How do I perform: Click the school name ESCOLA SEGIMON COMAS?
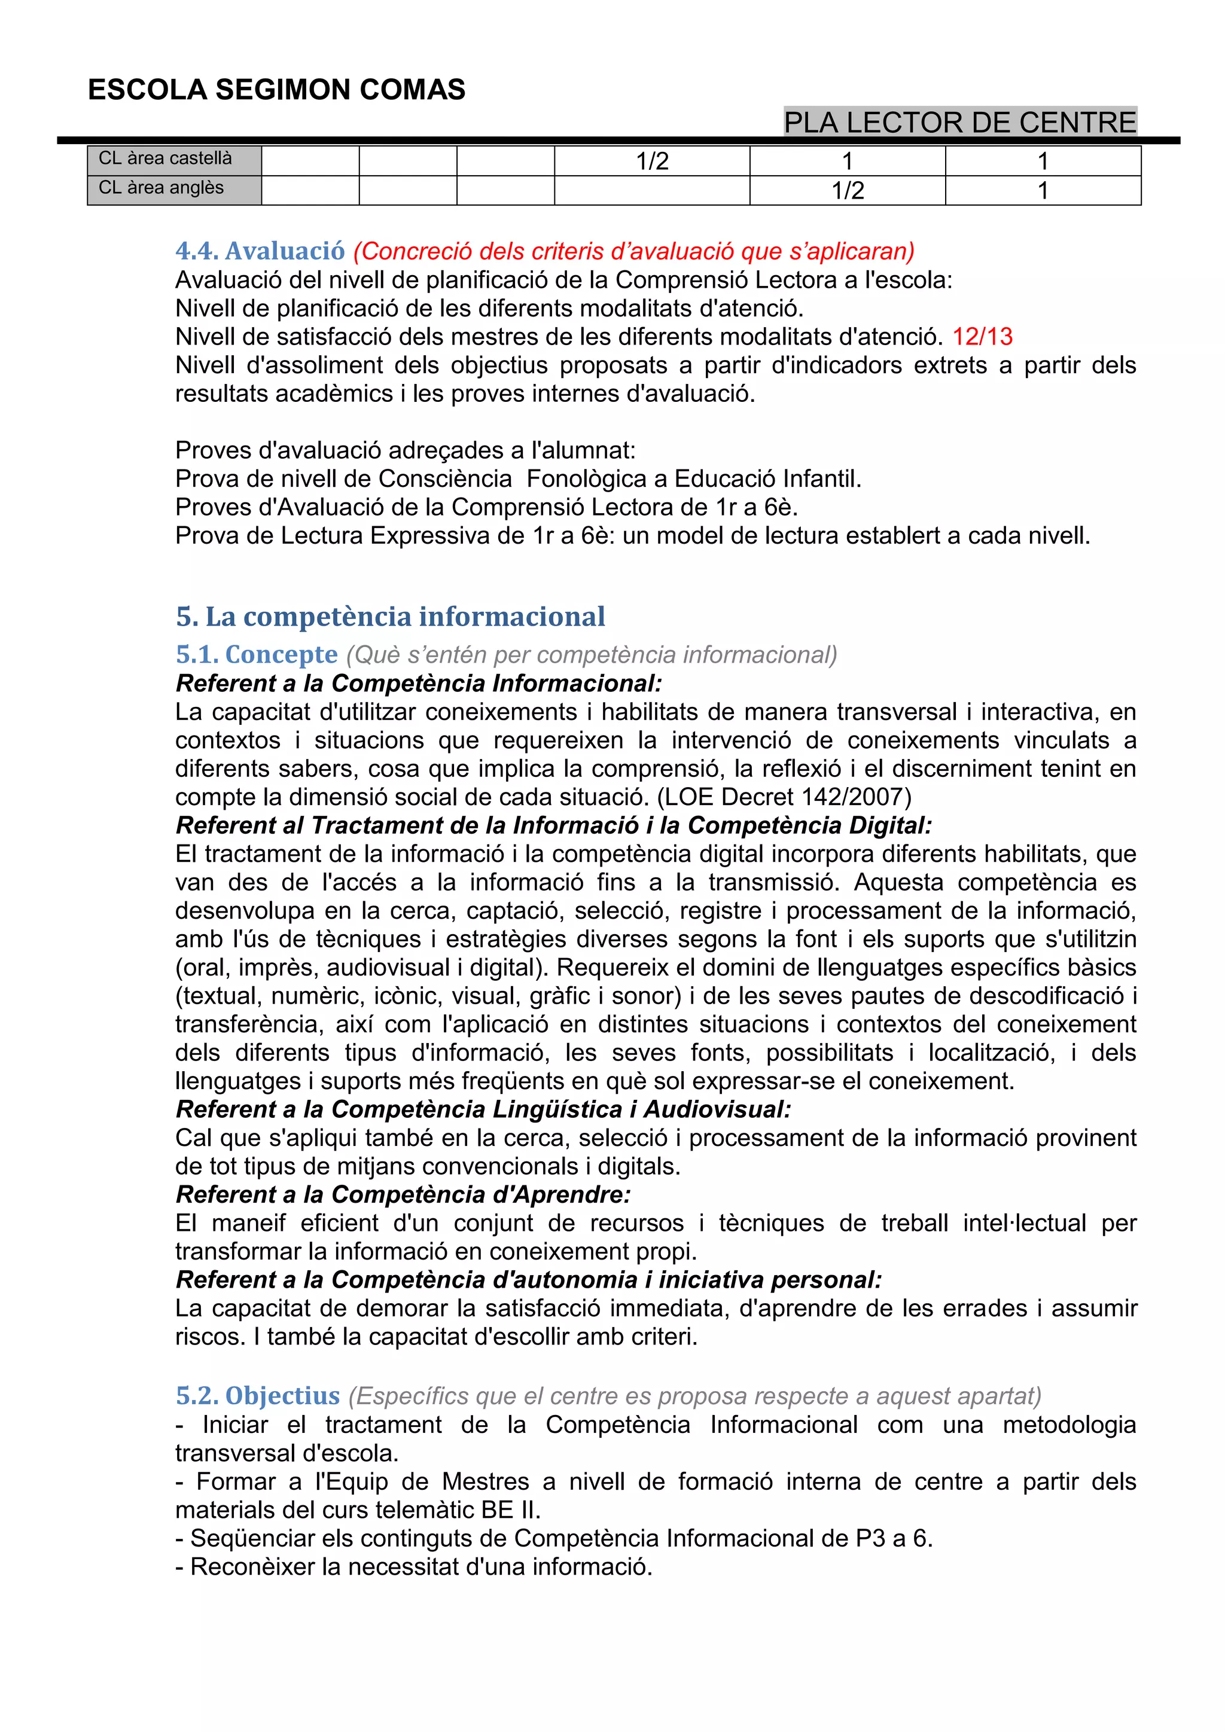click(276, 90)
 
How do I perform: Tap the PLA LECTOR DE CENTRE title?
click(959, 122)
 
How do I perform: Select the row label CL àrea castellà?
click(165, 158)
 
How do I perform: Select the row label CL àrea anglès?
click(161, 188)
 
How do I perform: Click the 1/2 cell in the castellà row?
click(652, 161)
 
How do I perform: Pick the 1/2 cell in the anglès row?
click(847, 191)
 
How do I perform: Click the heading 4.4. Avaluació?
click(260, 251)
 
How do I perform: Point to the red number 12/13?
click(982, 337)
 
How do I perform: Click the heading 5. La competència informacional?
click(390, 617)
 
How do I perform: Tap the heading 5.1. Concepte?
click(257, 654)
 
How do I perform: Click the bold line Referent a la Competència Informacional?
click(419, 684)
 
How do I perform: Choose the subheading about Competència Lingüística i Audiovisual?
click(483, 1109)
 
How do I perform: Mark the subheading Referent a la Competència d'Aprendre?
click(403, 1194)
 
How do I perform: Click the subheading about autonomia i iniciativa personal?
click(528, 1279)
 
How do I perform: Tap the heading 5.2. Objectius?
click(258, 1395)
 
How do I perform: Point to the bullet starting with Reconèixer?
click(413, 1567)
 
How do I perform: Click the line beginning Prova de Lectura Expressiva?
click(632, 536)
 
